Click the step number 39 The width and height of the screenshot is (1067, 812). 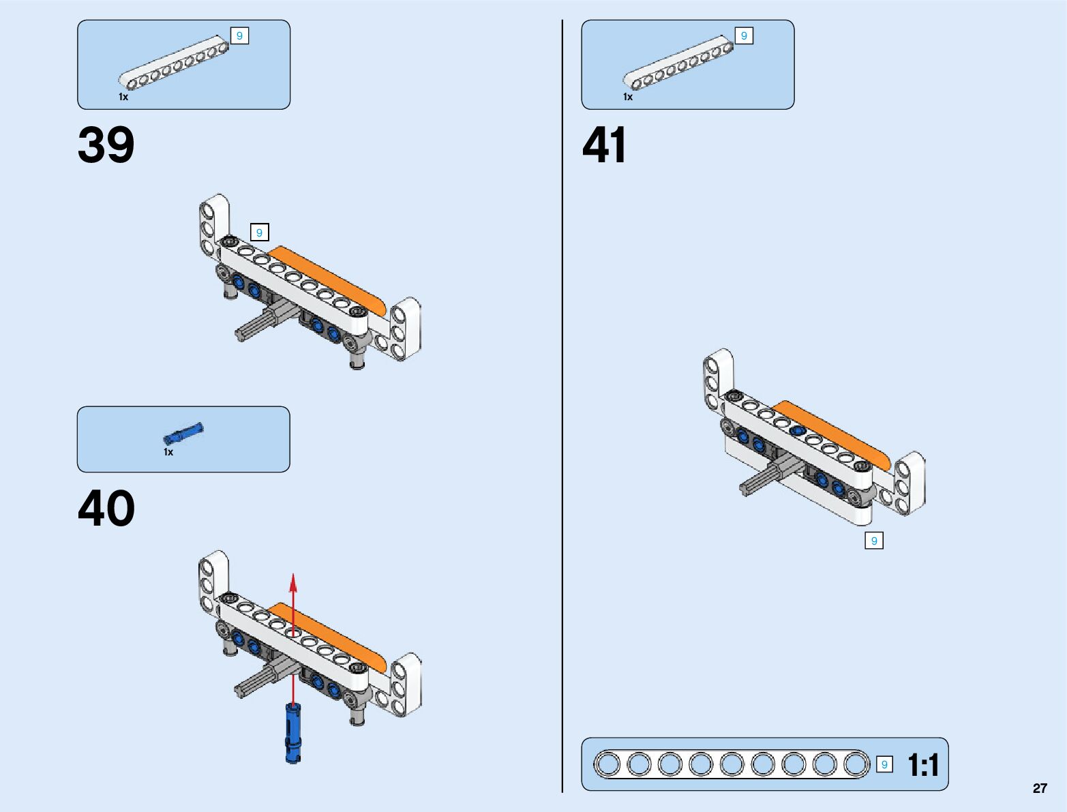pyautogui.click(x=106, y=145)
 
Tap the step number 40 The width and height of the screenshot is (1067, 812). pyautogui.click(x=106, y=509)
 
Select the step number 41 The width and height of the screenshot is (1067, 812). pyautogui.click(x=604, y=145)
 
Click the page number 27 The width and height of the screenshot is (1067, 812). pyautogui.click(x=1039, y=789)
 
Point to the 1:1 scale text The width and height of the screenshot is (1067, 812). pyautogui.click(x=923, y=765)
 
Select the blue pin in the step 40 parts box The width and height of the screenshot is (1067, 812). pyautogui.click(x=183, y=433)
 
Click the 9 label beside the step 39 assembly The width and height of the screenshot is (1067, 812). pyautogui.click(x=259, y=232)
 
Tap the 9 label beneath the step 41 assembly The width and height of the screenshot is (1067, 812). pyautogui.click(x=873, y=541)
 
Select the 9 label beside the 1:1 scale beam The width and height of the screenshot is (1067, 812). pyautogui.click(x=884, y=764)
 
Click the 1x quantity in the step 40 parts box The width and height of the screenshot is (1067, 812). pyautogui.click(x=168, y=452)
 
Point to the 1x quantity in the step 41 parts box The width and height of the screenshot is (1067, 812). pyautogui.click(x=628, y=97)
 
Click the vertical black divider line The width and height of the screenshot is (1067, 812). pyautogui.click(x=562, y=409)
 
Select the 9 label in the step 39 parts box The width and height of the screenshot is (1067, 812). pyautogui.click(x=239, y=35)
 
